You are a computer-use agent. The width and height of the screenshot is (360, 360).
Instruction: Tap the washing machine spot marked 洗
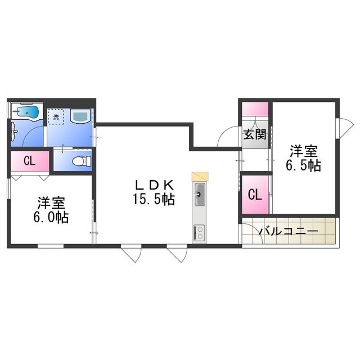[x=56, y=116]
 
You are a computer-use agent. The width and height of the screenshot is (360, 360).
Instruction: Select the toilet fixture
[x=82, y=161]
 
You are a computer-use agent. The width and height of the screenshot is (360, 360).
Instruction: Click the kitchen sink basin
[x=200, y=194]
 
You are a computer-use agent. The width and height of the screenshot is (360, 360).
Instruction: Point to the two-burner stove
[x=200, y=232]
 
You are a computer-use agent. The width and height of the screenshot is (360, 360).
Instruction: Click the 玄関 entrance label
[x=255, y=134]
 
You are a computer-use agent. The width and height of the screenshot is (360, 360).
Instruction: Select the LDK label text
[x=154, y=185]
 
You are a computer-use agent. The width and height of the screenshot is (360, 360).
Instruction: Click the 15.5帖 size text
[x=154, y=199]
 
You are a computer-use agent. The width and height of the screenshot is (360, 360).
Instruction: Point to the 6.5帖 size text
[x=303, y=165]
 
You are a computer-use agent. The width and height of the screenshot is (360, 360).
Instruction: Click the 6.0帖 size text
[x=51, y=217]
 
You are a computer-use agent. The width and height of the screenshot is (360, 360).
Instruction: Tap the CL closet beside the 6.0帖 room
[x=30, y=161]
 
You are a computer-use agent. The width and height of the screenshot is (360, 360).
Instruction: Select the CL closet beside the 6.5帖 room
[x=255, y=195]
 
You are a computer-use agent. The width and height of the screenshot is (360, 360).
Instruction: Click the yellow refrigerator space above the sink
[x=200, y=176]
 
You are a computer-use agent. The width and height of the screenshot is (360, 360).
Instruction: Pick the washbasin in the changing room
[x=80, y=116]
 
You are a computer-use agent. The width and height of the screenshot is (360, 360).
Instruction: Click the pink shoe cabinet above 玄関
[x=255, y=109]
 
